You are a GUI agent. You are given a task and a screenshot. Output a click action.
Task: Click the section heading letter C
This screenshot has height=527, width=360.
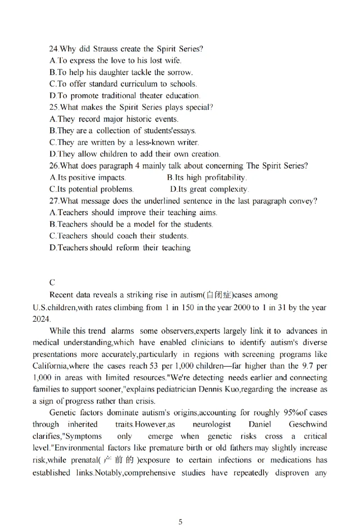tap(52, 283)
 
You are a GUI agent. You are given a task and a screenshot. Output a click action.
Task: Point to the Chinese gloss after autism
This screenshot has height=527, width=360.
tap(219, 295)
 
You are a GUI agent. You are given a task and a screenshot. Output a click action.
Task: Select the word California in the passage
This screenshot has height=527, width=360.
tap(49, 365)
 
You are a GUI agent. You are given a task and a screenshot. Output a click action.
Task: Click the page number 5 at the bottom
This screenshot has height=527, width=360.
tap(180, 522)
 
